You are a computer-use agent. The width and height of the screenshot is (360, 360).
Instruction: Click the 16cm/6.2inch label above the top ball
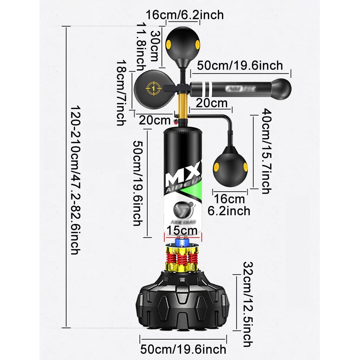tap(185, 15)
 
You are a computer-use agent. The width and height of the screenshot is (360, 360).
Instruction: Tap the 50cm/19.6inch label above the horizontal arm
tap(240, 65)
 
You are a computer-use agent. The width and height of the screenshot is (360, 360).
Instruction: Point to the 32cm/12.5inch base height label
tap(248, 304)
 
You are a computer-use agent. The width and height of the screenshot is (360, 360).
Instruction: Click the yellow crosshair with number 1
tap(153, 88)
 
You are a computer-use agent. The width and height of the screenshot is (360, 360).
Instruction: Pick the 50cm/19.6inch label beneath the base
tap(183, 349)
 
